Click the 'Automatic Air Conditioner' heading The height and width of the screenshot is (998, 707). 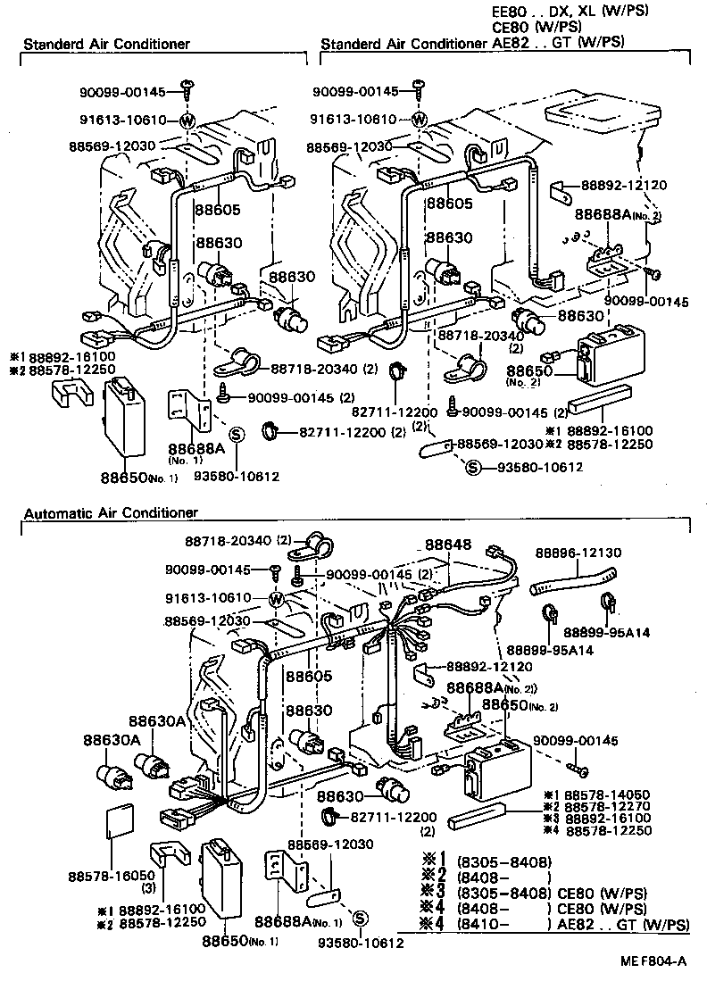[111, 513]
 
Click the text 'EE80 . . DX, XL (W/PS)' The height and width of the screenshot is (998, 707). [570, 11]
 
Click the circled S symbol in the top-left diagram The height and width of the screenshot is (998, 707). [237, 435]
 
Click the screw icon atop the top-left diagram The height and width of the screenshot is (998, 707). [187, 87]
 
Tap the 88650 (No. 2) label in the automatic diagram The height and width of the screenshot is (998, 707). [512, 705]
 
